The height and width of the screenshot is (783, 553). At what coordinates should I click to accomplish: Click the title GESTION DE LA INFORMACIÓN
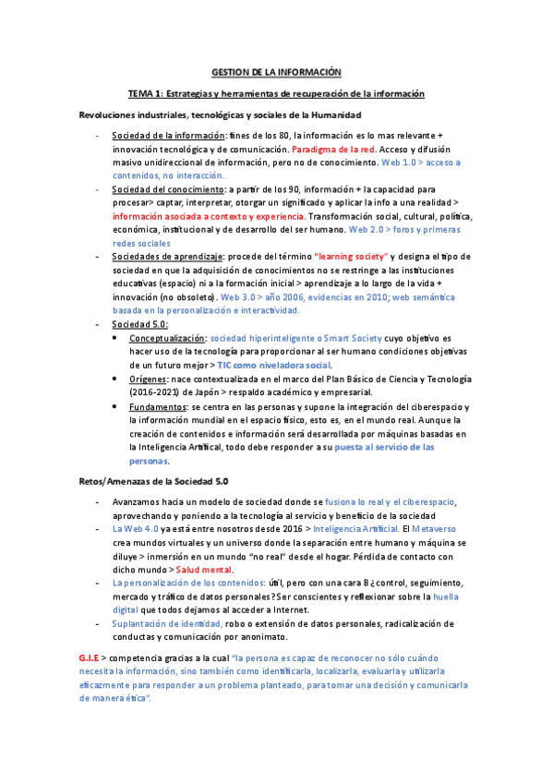click(x=276, y=71)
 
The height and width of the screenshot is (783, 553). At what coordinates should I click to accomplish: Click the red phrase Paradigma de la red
click(x=329, y=148)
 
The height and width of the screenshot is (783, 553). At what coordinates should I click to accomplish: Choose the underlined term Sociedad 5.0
click(x=139, y=324)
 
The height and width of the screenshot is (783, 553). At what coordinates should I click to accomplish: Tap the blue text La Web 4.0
click(x=135, y=528)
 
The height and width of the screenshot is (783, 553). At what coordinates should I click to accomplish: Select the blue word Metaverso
click(x=451, y=528)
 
